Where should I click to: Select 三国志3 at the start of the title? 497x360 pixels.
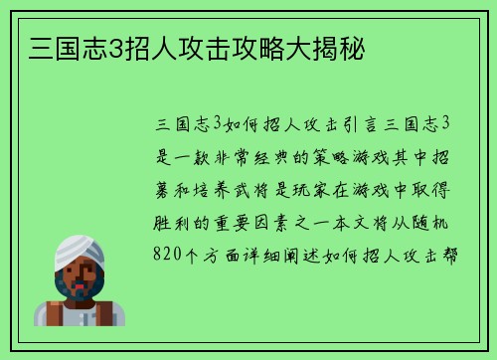(x=63, y=45)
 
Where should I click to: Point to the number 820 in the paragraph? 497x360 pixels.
(x=171, y=253)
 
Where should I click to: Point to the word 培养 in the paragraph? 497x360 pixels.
(x=206, y=188)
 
